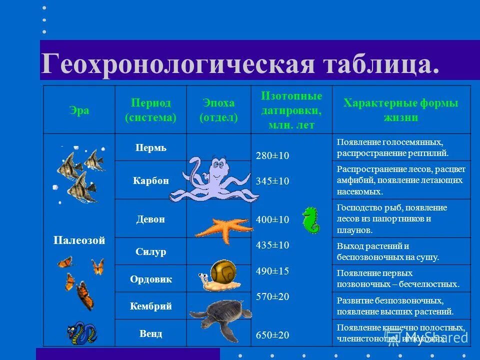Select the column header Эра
tap(79, 110)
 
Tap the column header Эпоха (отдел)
tap(218, 110)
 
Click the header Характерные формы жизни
tap(401, 110)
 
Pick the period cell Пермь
tap(150, 148)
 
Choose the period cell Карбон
tap(150, 180)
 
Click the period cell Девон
tap(150, 219)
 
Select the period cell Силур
tap(150, 251)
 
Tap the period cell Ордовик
tap(150, 279)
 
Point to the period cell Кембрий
tap(150, 306)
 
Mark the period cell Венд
tap(150, 333)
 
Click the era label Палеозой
tap(79, 240)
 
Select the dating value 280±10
tap(272, 156)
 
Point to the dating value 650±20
tap(272, 335)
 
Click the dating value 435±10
tap(272, 245)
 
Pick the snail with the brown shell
tap(219, 275)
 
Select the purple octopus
tap(212, 180)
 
